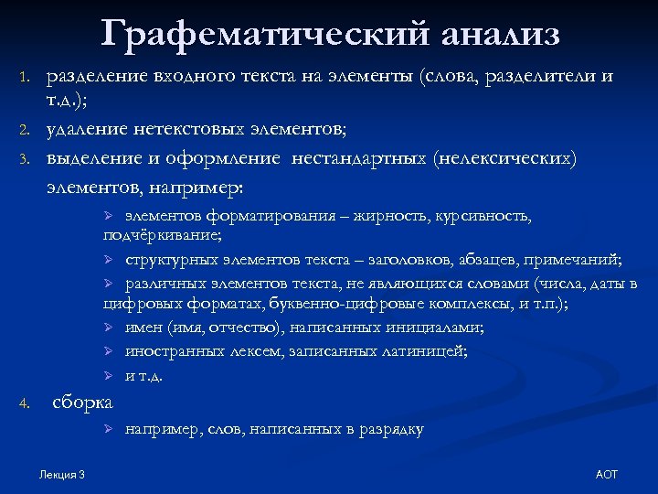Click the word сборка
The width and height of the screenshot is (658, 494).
pyautogui.click(x=83, y=402)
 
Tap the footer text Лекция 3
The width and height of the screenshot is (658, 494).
pyautogui.click(x=63, y=474)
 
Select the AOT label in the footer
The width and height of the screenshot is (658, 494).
pyautogui.click(x=606, y=474)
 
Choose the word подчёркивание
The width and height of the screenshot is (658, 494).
pyautogui.click(x=161, y=235)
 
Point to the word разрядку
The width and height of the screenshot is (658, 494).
pyautogui.click(x=390, y=429)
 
